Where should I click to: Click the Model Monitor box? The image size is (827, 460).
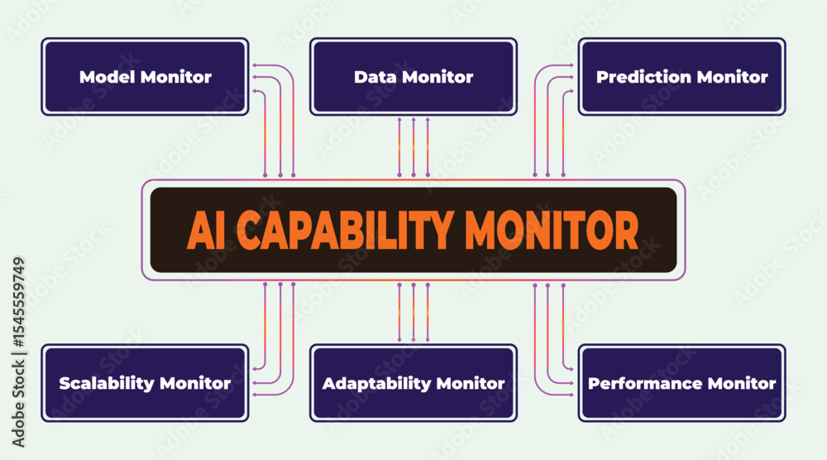pos(145,76)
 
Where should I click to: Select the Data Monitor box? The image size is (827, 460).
pos(413,76)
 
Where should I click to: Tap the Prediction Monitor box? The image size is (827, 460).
pos(682,76)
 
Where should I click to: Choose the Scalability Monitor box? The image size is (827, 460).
pos(145,383)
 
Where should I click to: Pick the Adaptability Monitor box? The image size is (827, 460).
pos(413,383)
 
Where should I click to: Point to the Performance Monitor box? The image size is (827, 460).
pos(682,383)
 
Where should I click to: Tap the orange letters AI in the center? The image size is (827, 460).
pos(202,230)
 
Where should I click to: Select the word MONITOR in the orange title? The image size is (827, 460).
pos(552,230)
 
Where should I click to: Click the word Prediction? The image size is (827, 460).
pos(643,77)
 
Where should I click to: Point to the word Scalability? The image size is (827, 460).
pos(107,384)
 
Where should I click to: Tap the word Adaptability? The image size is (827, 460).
pos(377,384)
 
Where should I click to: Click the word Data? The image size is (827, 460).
pos(375,77)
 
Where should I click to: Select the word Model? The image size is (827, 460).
pos(107,77)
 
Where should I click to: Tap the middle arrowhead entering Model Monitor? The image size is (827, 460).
pos(255,77)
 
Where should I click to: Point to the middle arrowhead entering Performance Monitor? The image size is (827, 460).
pos(571,383)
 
